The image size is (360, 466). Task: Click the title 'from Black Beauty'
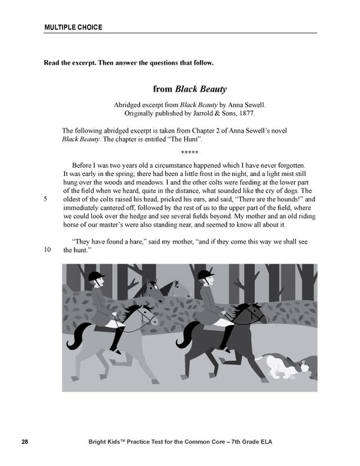190,89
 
